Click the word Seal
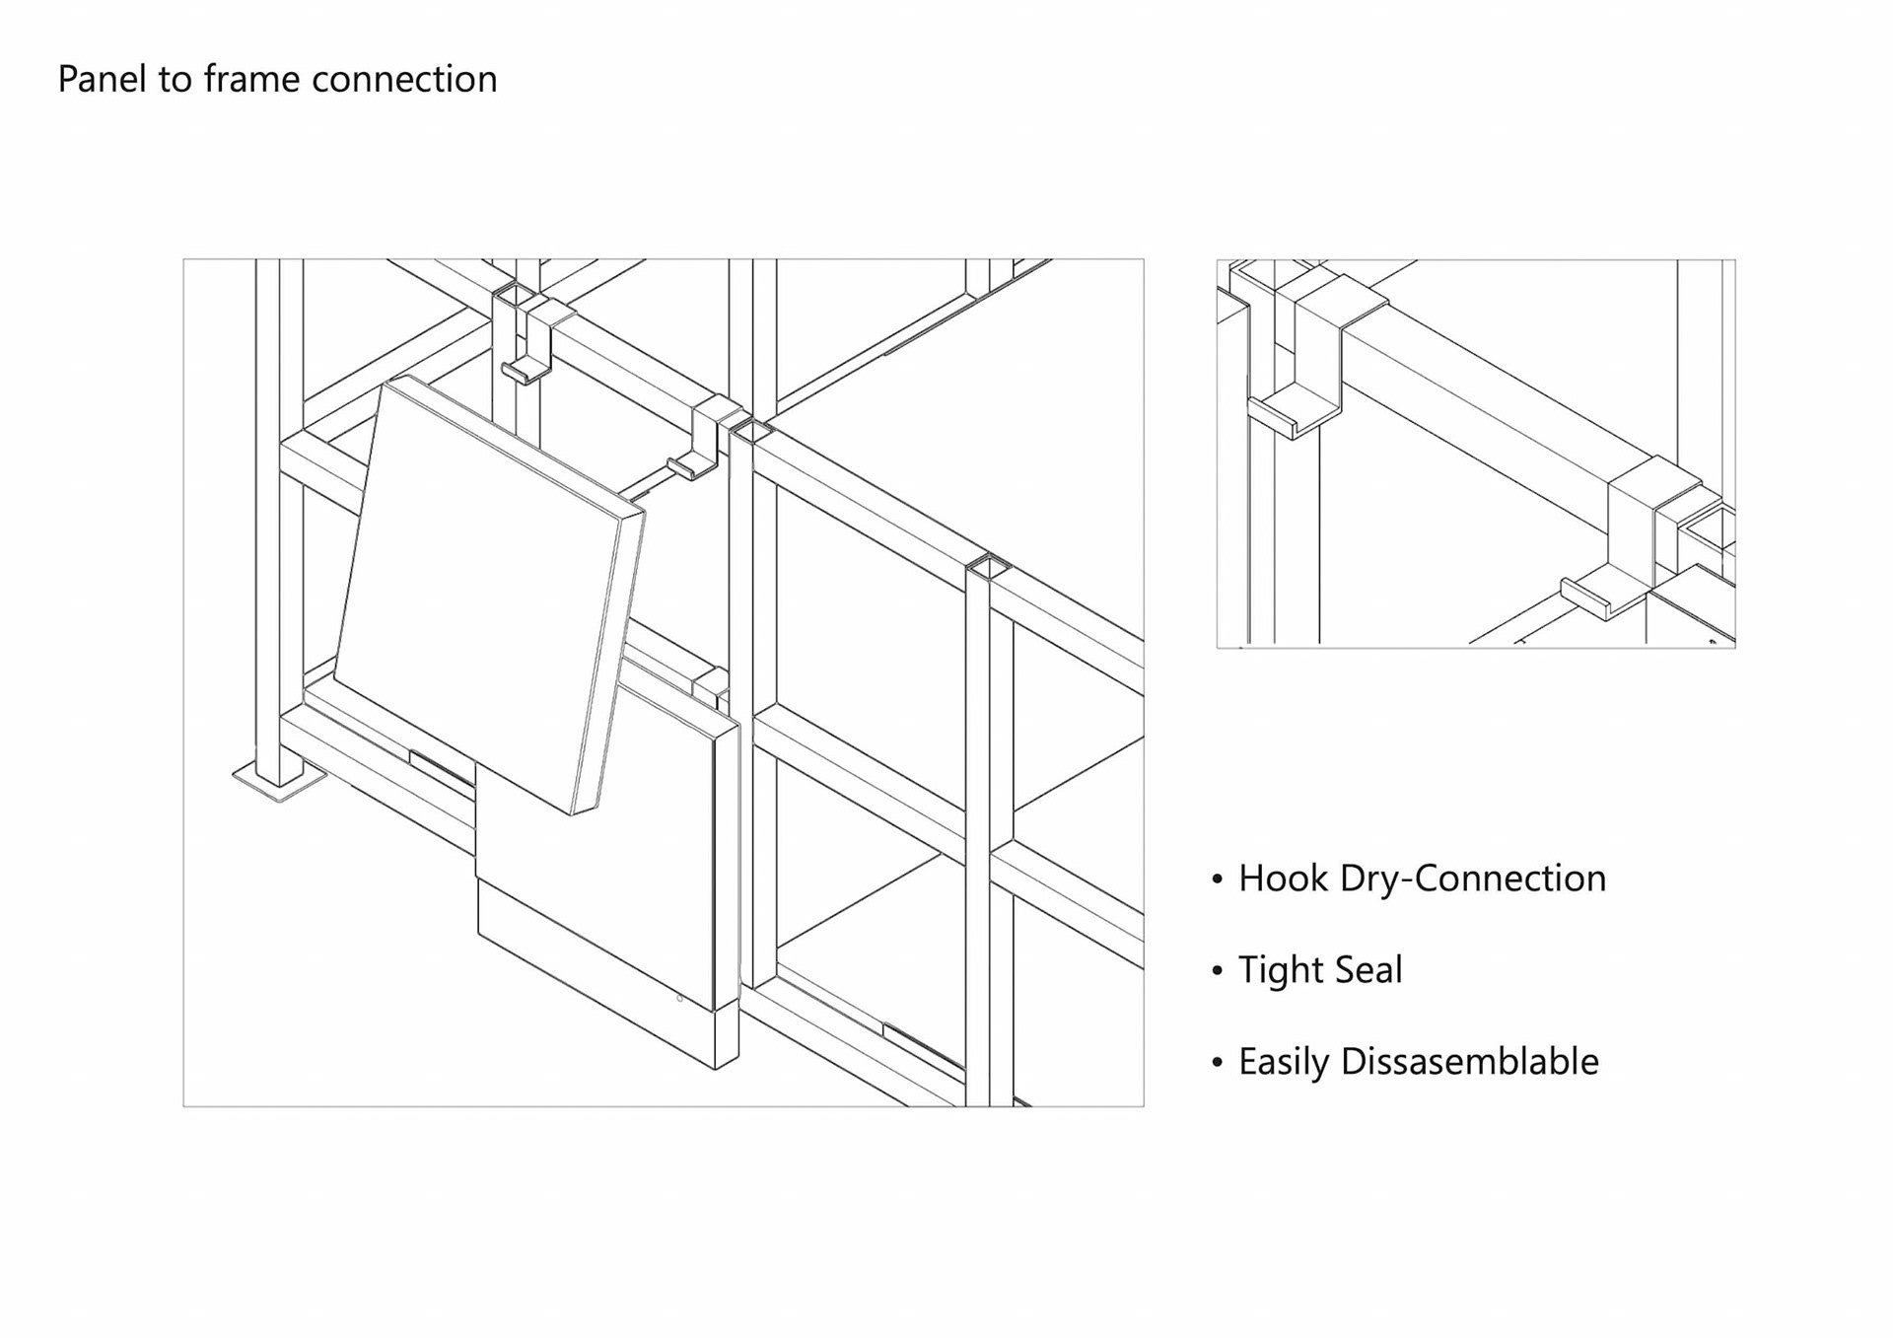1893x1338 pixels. [x=1366, y=969]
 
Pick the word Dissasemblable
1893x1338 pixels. [x=1469, y=1061]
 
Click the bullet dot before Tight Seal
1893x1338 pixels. [x=1218, y=971]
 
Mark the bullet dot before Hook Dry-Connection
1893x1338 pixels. [x=1218, y=880]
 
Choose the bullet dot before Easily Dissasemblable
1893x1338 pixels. [x=1218, y=1063]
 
